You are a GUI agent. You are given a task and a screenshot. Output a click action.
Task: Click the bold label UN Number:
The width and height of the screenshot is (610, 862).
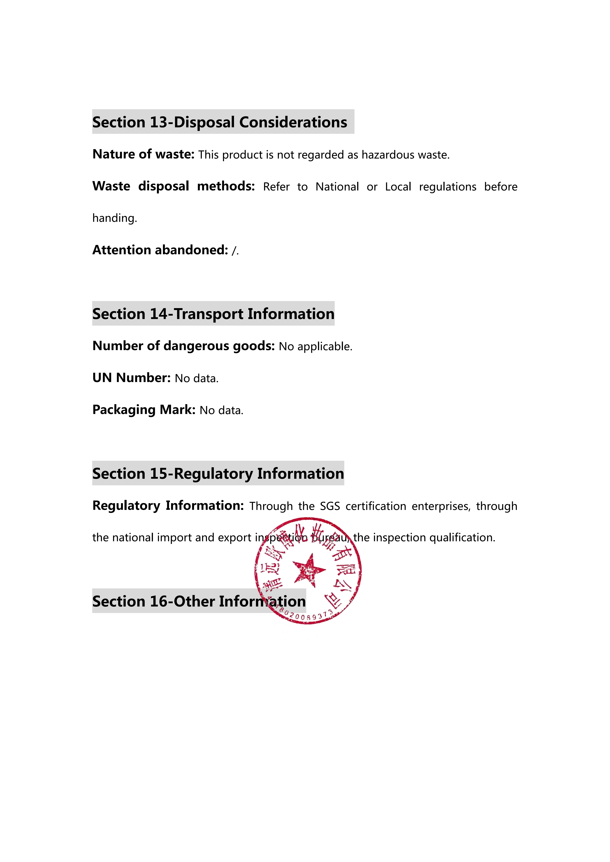coord(131,378)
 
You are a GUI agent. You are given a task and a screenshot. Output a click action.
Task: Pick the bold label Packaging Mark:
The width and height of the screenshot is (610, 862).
coord(144,410)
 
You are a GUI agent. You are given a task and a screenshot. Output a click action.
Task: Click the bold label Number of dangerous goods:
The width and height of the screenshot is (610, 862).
coord(184,346)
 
